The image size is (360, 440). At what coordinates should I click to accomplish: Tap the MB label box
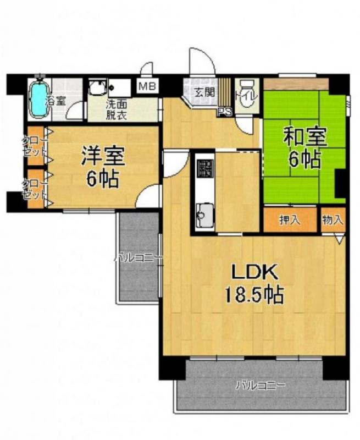point(147,86)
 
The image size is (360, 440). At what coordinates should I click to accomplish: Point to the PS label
point(224,112)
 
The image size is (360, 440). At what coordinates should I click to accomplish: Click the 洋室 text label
point(102,156)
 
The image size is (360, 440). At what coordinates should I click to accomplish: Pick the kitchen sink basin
point(204,212)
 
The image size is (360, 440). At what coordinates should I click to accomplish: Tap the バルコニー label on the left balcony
point(138,257)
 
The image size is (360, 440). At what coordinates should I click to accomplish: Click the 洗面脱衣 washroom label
point(117,110)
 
